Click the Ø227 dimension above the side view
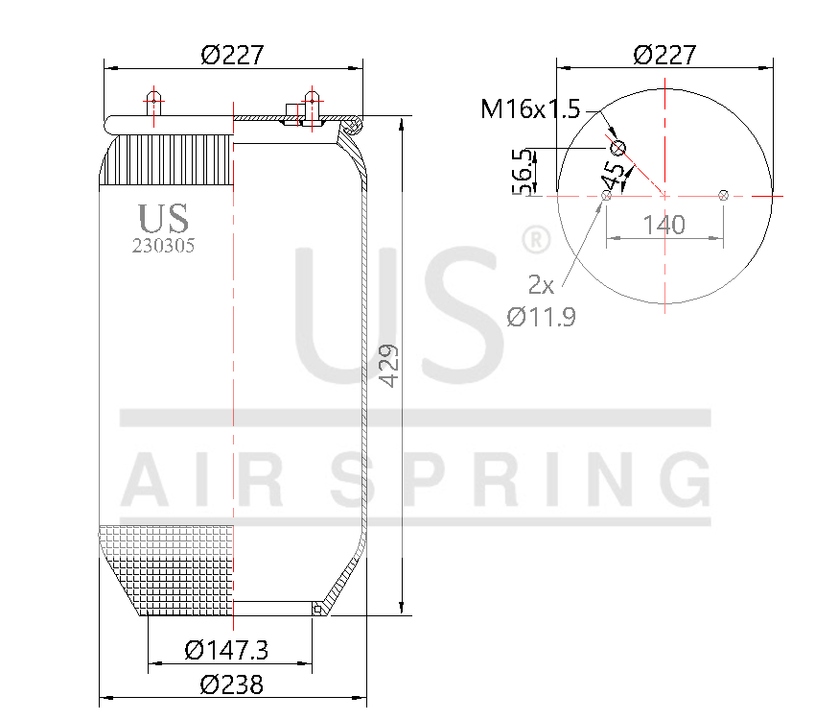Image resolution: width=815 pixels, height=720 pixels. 232,55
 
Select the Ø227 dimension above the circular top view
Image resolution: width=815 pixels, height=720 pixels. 664,55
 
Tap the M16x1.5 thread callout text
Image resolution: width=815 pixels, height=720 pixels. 530,108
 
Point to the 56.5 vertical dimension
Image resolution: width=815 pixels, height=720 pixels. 524,172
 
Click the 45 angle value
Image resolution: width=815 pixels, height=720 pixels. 615,176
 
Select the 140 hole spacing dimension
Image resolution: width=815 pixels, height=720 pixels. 664,225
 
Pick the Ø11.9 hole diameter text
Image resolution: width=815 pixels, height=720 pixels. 542,317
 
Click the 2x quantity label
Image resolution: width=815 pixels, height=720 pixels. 541,284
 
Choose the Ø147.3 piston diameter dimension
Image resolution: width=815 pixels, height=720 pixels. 226,651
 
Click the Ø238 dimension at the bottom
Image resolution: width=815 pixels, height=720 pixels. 231,684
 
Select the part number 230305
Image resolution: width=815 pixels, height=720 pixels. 163,246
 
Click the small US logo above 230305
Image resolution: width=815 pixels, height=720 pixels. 163,218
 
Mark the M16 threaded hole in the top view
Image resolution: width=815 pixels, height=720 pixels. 618,148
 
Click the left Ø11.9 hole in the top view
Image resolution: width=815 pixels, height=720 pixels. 606,196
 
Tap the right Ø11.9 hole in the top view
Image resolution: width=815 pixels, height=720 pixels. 724,196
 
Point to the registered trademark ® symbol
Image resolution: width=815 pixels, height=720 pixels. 534,240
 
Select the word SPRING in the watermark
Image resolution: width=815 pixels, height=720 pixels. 523,481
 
